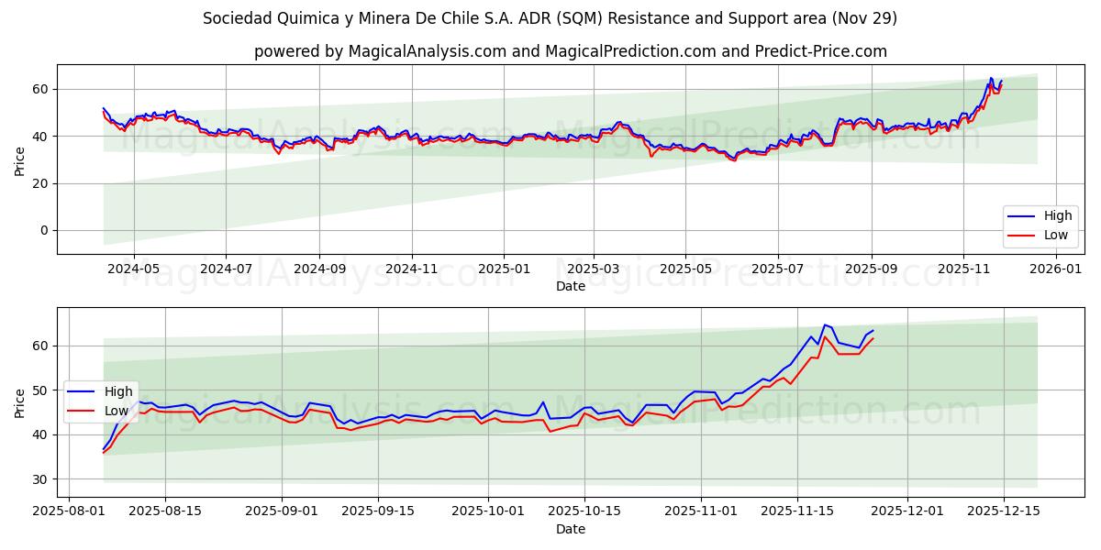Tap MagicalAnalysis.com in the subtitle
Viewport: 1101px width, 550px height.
(x=427, y=51)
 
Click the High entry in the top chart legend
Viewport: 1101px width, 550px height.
(x=1057, y=216)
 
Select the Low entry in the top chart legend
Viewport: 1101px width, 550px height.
(x=1055, y=235)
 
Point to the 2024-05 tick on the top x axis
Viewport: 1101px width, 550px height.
(x=134, y=269)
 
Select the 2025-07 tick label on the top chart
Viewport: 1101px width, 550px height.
(x=777, y=269)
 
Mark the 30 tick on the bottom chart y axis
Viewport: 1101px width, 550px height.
(x=40, y=479)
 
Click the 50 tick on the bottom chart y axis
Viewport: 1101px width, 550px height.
(x=40, y=390)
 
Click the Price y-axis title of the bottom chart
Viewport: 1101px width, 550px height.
(x=19, y=402)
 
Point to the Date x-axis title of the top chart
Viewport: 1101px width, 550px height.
(x=570, y=286)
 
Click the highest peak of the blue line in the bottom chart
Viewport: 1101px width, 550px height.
(x=824, y=324)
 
